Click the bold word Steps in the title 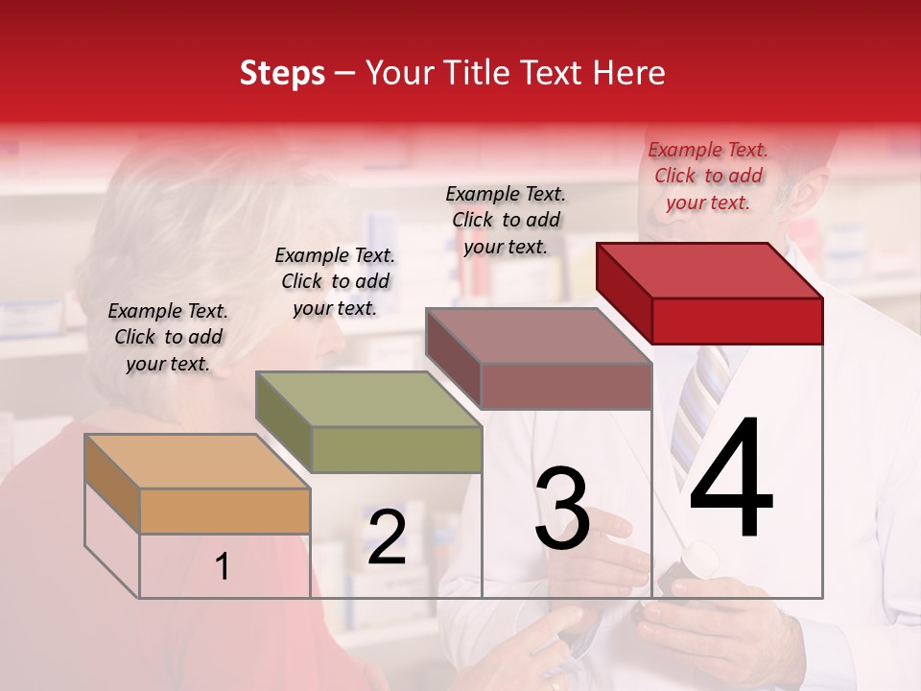point(282,73)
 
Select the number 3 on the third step point(562,509)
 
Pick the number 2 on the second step point(387,536)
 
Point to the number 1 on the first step point(223,566)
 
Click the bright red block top point(709,270)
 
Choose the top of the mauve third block point(538,335)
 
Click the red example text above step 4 point(708,176)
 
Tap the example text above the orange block point(168,337)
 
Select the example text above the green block point(335,281)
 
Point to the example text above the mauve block point(506,220)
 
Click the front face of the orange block point(224,511)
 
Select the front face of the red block point(737,320)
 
